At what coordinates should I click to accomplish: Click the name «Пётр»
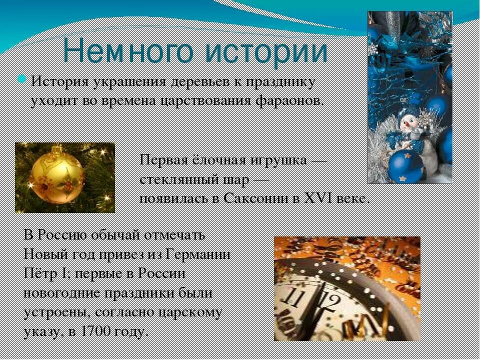39,273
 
